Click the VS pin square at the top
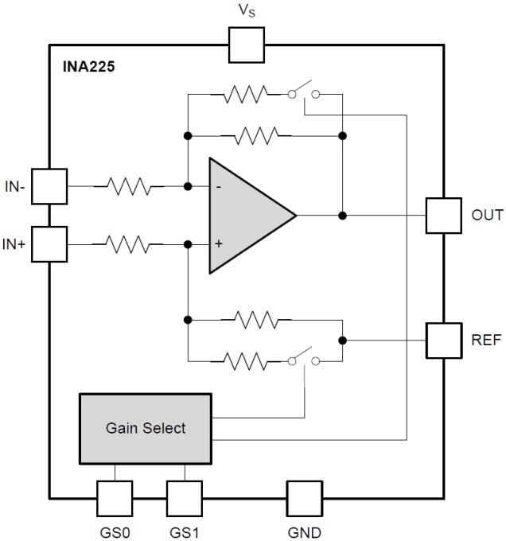pos(246,45)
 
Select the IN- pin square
pos(49,186)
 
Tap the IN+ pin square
pos(49,244)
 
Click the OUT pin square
pos(443,215)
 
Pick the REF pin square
pos(443,340)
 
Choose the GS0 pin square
pos(115,498)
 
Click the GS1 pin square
pos(184,498)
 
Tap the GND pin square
pos(305,498)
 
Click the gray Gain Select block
pos(145,428)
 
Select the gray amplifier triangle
pos(243,215)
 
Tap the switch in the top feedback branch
pos(303,92)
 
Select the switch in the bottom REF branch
pos(303,360)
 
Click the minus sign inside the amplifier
pos(218,187)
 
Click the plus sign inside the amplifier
pos(218,243)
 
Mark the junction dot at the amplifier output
pos(342,215)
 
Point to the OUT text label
pos(487,215)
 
